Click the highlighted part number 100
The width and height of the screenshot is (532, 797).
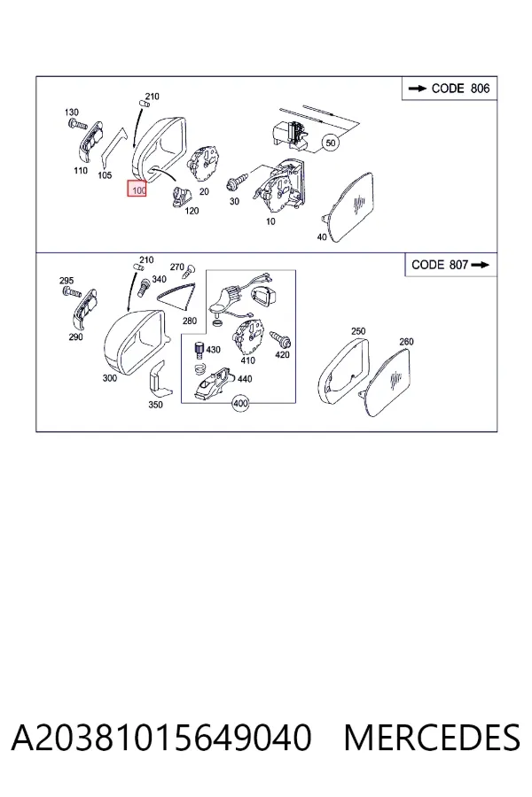pyautogui.click(x=137, y=190)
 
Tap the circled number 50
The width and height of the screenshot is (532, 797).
pyautogui.click(x=331, y=143)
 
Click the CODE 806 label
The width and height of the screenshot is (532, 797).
pyautogui.click(x=449, y=89)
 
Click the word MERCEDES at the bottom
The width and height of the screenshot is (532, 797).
pyautogui.click(x=432, y=738)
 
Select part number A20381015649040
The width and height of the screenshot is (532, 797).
pyautogui.click(x=160, y=738)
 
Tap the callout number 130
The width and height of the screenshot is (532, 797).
pyautogui.click(x=72, y=112)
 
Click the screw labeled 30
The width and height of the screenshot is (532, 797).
pyautogui.click(x=239, y=179)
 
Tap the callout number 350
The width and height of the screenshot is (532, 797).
pyautogui.click(x=155, y=405)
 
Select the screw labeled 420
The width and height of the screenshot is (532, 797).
pyautogui.click(x=280, y=338)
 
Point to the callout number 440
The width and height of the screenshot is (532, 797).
pyautogui.click(x=245, y=379)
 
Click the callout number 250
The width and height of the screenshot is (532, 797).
pyautogui.click(x=358, y=331)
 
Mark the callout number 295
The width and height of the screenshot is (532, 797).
pyautogui.click(x=66, y=280)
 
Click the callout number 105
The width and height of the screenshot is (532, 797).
pyautogui.click(x=105, y=174)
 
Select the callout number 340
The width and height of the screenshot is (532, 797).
pyautogui.click(x=160, y=279)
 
